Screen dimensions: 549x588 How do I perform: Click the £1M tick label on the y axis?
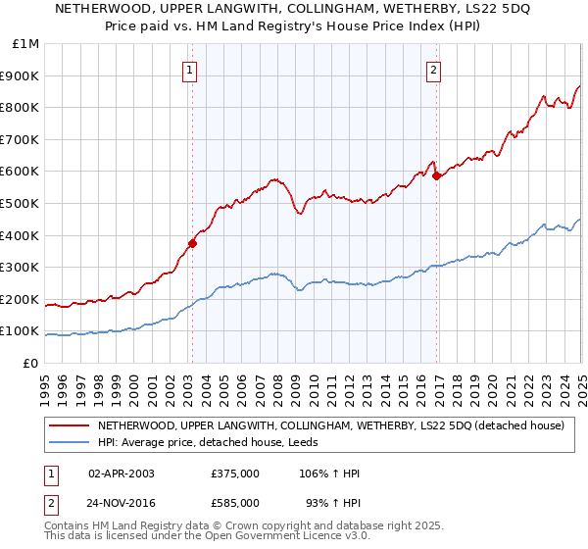pos(24,44)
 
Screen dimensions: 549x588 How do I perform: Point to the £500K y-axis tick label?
pos(22,204)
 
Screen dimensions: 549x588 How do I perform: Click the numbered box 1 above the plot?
pos(188,70)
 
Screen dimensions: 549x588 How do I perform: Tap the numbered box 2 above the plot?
pos(433,70)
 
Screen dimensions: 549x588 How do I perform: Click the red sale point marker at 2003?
pos(193,244)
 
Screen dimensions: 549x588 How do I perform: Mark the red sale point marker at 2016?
pos(437,176)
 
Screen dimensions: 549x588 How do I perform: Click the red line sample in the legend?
pos(70,426)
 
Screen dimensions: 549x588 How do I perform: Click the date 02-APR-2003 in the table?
pos(122,474)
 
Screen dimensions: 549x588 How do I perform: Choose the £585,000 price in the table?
pos(235,502)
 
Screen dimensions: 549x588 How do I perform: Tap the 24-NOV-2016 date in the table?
pos(122,502)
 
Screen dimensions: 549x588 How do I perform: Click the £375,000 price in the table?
pos(235,474)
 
